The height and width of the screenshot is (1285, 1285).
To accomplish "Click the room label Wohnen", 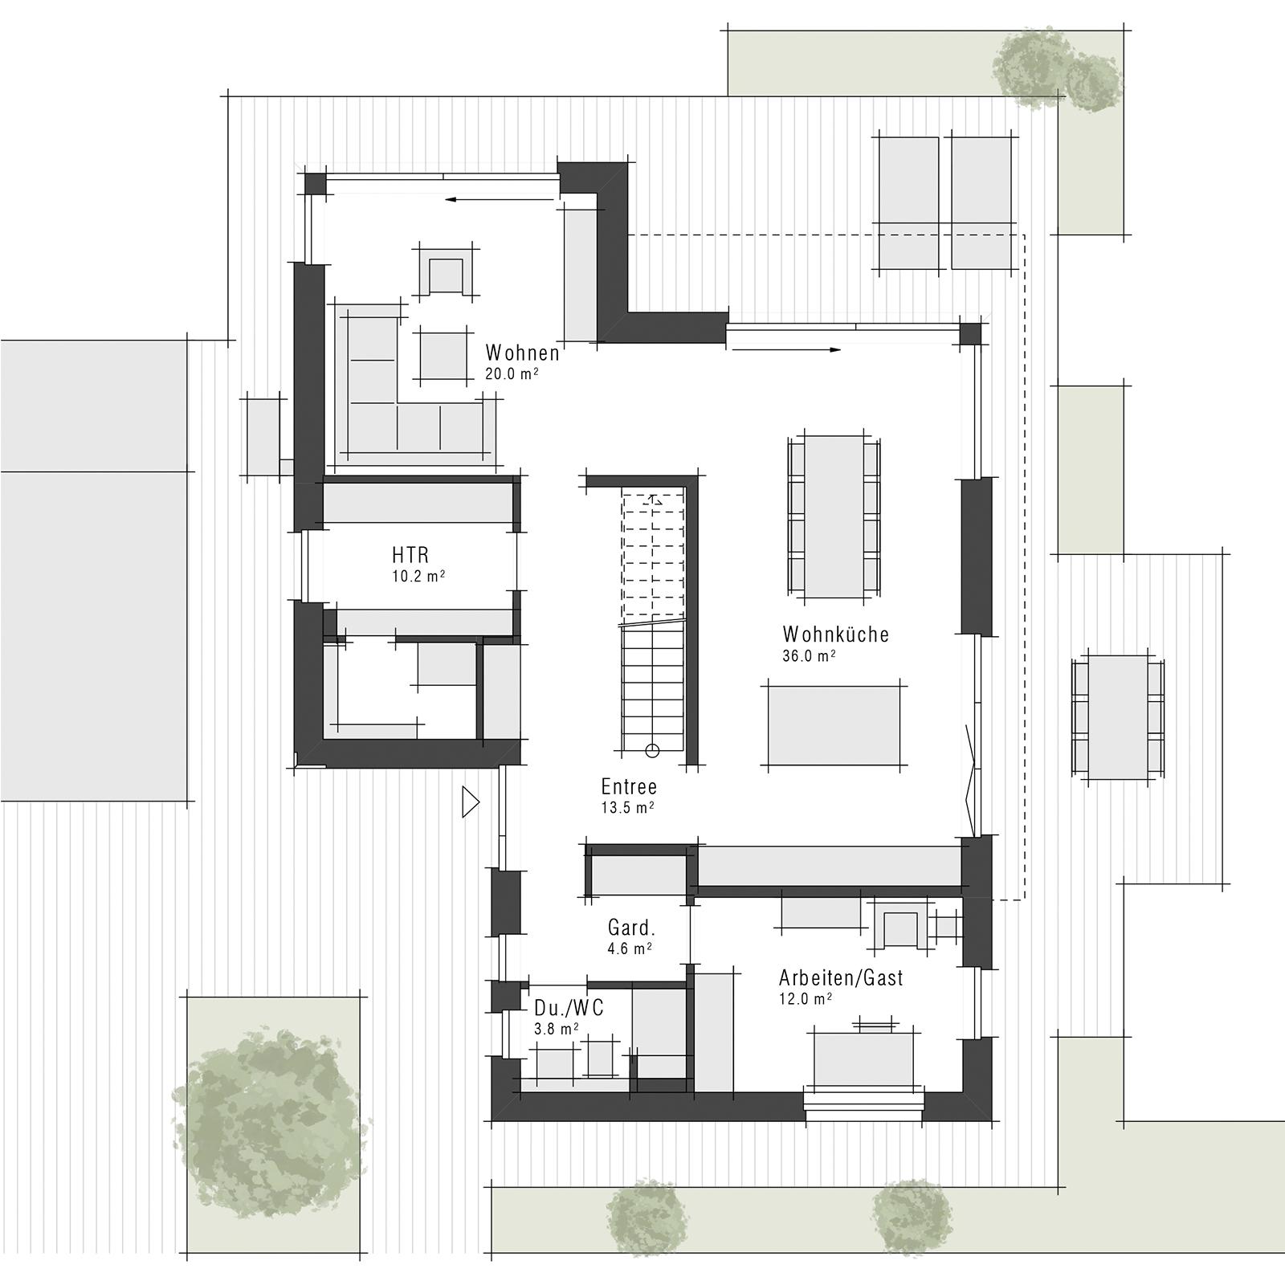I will (522, 353).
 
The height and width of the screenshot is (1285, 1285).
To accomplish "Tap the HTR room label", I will (410, 555).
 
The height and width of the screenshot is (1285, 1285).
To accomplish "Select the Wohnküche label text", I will (835, 634).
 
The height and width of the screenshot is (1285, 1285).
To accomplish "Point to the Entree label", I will (629, 787).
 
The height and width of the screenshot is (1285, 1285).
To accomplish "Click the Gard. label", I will (631, 928).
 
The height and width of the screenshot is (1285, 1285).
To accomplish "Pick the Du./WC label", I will (569, 1008).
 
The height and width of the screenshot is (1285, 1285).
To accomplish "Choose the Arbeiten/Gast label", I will (841, 978).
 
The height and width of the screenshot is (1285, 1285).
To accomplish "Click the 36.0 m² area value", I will (809, 656).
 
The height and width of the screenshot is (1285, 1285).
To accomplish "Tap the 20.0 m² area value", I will (512, 374).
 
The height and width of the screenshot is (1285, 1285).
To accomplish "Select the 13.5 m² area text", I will (627, 808).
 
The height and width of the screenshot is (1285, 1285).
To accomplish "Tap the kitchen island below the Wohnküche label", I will (834, 725).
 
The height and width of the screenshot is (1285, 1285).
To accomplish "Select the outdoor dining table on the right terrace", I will (1117, 717).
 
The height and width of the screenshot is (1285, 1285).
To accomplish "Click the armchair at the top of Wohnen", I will (447, 271).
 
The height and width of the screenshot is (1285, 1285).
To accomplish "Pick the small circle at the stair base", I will (652, 751).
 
